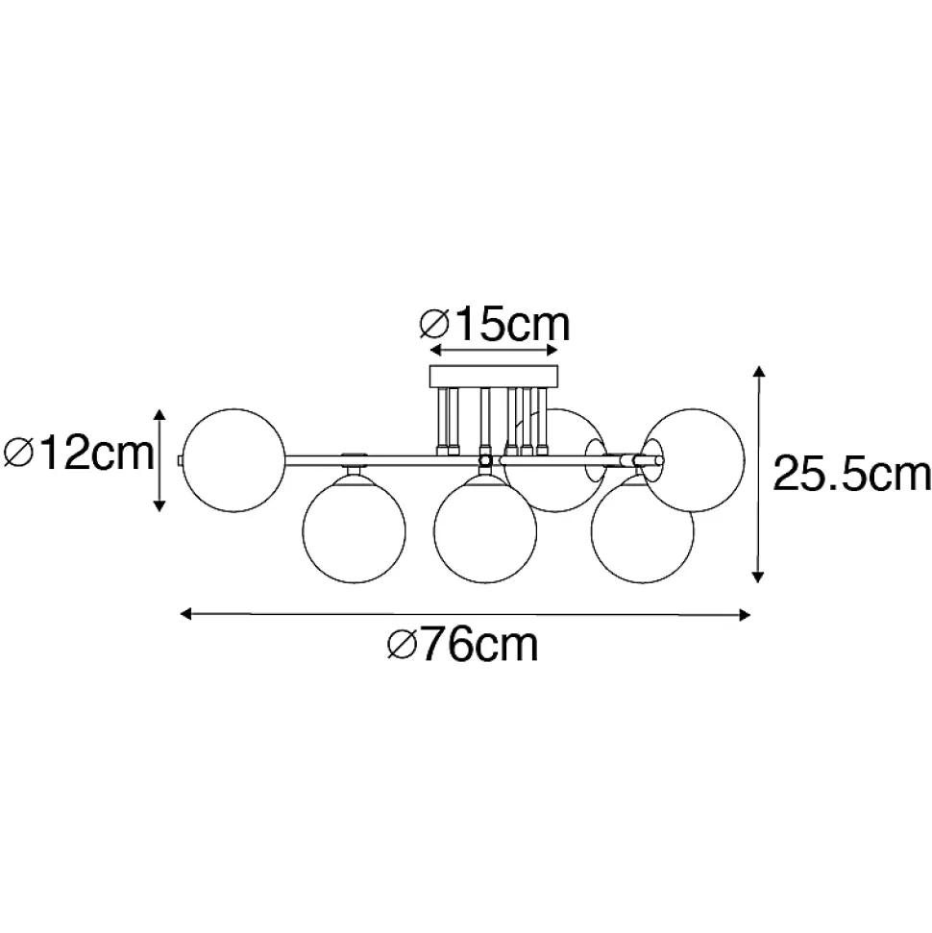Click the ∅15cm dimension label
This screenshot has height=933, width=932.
point(495,325)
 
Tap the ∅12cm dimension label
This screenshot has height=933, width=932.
point(79,454)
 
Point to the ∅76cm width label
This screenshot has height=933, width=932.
point(463,644)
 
